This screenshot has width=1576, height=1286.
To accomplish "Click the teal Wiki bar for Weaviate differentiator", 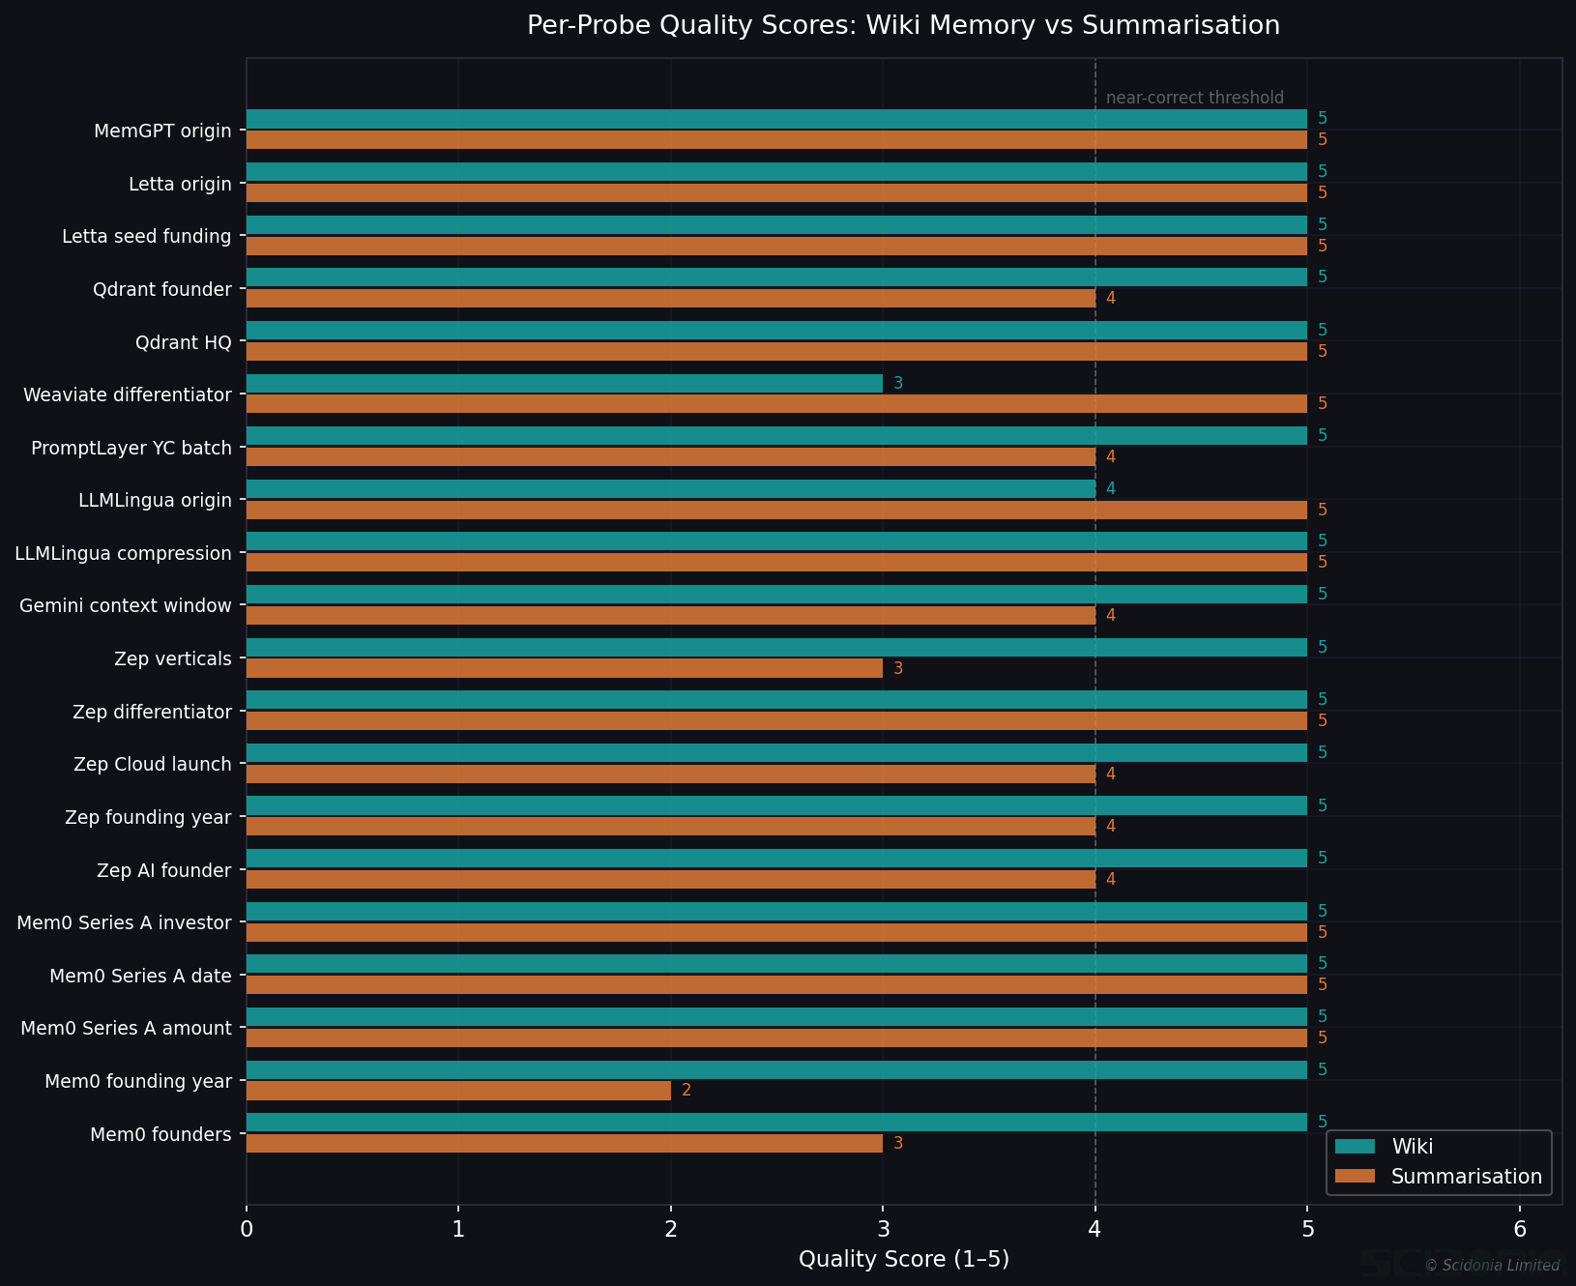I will point(565,384).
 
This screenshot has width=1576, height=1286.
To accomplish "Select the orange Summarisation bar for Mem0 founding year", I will point(458,1091).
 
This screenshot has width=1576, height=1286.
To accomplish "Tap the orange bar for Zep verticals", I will point(565,668).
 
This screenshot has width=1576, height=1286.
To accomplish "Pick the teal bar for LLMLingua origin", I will point(670,489).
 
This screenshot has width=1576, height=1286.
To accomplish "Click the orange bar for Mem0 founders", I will point(565,1144).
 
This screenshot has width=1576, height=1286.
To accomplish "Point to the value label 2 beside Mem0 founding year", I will point(686,1091).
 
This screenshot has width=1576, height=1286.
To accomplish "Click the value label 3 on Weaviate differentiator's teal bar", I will point(898,384).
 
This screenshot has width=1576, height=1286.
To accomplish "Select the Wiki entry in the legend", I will point(1412,1147).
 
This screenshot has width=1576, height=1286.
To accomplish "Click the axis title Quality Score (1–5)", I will point(903,1259).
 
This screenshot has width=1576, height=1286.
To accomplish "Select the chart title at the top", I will point(903,26).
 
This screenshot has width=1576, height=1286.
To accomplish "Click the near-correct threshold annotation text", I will point(1194,98).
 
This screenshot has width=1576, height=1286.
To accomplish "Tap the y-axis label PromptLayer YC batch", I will point(131,449).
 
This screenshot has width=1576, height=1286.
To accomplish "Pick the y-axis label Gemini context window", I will point(126,606).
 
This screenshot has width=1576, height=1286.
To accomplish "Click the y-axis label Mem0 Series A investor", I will point(124,923).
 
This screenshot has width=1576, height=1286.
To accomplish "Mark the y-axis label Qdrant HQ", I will point(184,342).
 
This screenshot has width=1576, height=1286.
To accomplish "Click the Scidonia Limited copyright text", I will point(1492,1266).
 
